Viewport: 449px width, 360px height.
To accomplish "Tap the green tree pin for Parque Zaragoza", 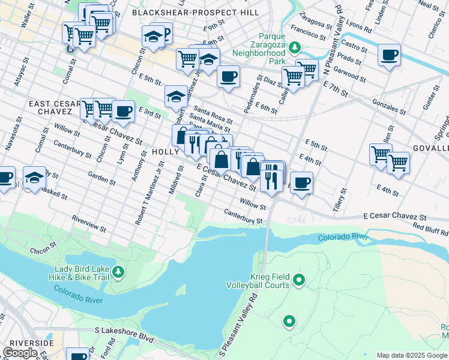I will (294, 47).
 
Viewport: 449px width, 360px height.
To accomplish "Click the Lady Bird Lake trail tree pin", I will (119, 272).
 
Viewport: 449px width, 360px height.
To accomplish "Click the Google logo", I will (20, 353).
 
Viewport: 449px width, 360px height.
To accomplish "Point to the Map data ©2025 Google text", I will (411, 355).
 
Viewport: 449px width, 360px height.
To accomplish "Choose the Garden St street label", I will (101, 178).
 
